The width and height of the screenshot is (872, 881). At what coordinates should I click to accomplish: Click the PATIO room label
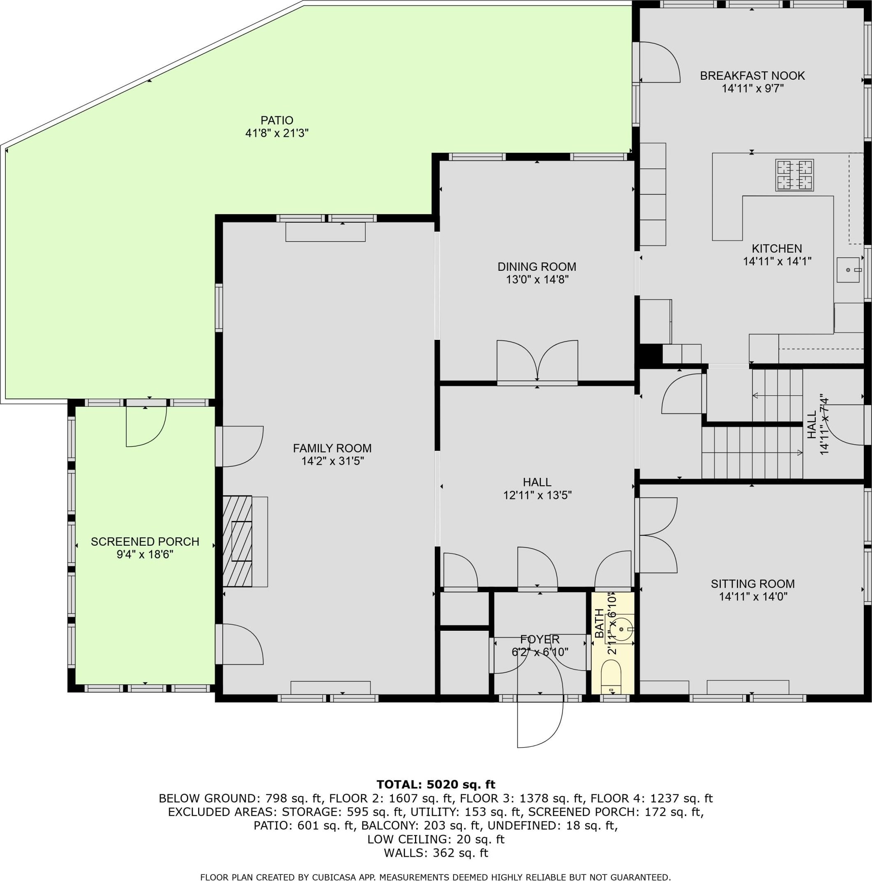click(277, 120)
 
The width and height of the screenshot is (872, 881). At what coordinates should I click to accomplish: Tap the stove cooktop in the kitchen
click(794, 175)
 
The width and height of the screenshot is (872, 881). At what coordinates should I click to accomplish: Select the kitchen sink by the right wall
click(848, 270)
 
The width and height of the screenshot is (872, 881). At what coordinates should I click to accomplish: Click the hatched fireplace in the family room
click(237, 541)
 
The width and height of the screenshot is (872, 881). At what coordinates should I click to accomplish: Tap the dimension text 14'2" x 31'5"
click(332, 461)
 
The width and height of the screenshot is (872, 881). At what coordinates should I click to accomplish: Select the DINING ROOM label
click(537, 267)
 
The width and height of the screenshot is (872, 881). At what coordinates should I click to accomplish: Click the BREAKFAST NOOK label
click(752, 76)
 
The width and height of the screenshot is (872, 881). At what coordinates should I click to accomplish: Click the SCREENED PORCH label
click(145, 542)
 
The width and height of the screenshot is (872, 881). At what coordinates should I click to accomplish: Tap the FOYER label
click(540, 639)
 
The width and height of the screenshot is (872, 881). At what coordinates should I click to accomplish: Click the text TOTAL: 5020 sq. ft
click(436, 784)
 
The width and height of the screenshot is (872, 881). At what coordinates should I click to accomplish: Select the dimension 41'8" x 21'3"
click(277, 133)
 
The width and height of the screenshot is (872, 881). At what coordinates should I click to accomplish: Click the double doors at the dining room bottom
click(537, 360)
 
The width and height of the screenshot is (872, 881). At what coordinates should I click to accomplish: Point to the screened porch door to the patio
click(146, 426)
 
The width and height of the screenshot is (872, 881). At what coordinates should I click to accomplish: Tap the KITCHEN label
click(777, 249)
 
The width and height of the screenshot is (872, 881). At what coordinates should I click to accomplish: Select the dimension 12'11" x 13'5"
click(537, 495)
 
